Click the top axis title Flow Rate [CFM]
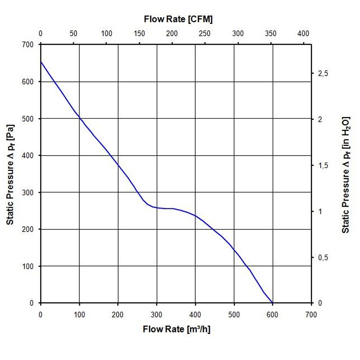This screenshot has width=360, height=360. point(178,19)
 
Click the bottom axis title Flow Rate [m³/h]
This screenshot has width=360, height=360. point(176,329)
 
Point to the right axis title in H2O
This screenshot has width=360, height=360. point(346,174)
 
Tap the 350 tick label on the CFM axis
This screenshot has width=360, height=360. point(270,33)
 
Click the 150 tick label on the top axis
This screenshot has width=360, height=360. point(139,33)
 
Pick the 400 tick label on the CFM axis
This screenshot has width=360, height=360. point(303,33)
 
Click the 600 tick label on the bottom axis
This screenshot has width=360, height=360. point(273,314)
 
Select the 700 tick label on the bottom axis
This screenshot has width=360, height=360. point(311,314)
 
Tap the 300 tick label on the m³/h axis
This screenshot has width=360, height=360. point(156,314)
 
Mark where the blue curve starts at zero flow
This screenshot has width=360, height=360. point(41,62)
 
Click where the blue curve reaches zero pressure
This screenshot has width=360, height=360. point(273,303)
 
